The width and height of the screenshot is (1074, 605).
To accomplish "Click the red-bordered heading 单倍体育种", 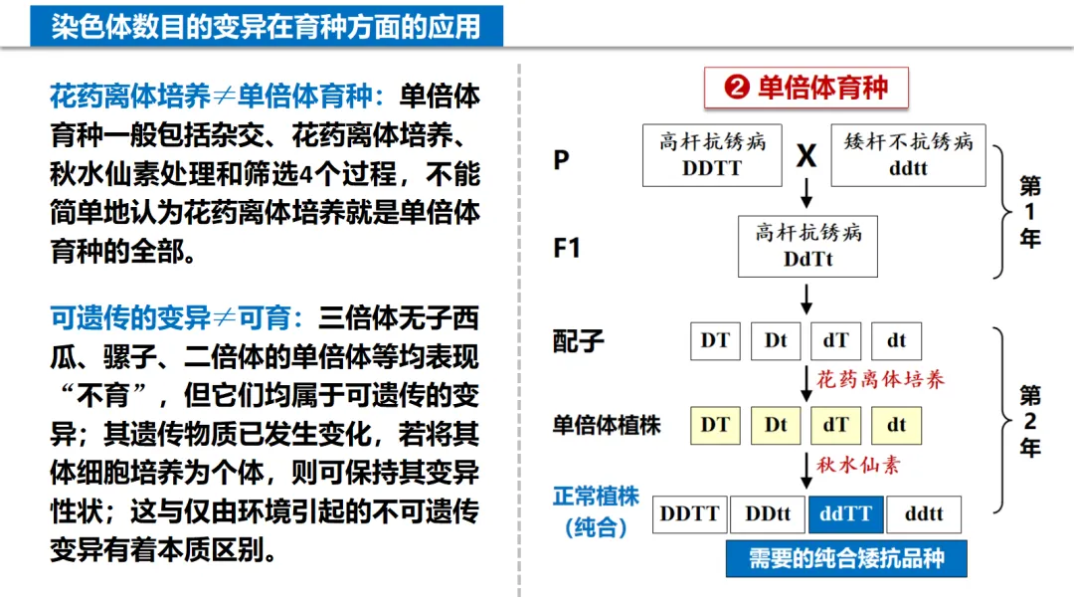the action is tap(806, 88).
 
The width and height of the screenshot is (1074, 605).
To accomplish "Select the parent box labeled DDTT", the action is tap(711, 154).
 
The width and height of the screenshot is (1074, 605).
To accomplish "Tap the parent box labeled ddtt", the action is tap(907, 154).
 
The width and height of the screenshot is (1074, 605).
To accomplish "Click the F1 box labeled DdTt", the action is tap(807, 246).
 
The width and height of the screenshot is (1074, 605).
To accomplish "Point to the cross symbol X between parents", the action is tap(806, 156).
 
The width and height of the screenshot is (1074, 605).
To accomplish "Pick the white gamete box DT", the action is tap(715, 340).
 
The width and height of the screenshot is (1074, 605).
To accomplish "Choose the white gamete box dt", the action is tap(896, 340).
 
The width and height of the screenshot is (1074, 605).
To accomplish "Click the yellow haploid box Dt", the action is tap(776, 425).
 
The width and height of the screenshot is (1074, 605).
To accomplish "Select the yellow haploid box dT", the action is tap(835, 425).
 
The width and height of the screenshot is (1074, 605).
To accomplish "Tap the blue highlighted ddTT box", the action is tap(845, 513).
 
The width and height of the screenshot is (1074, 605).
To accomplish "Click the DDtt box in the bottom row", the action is tap(767, 513).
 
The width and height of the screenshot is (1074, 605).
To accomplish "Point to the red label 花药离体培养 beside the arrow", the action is tap(881, 379).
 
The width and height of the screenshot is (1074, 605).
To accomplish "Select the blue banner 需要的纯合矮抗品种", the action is tap(845, 557).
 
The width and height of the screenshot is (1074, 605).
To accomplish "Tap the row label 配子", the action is tap(579, 340).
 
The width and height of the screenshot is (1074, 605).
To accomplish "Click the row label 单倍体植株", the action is tap(607, 425).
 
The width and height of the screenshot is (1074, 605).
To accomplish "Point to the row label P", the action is tap(562, 159).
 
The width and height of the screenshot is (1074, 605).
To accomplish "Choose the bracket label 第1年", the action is tap(1030, 212).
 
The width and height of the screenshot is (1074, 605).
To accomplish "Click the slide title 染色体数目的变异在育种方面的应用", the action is tap(266, 26).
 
